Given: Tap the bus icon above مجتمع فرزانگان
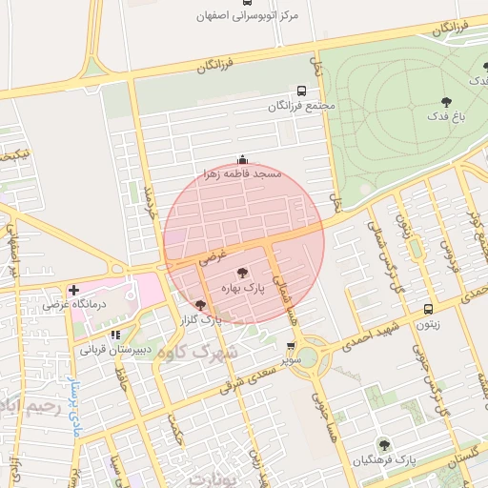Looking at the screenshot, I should (x=302, y=89).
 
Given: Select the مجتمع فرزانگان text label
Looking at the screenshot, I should (x=302, y=104).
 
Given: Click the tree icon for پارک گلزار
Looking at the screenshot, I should (x=199, y=305).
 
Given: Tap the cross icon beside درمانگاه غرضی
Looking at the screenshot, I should (x=73, y=290).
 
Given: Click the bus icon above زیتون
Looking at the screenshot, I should (x=427, y=309).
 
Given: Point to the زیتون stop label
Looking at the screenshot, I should (x=426, y=324).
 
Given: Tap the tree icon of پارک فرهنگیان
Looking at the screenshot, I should (x=383, y=445).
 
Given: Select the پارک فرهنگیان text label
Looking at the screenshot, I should (x=384, y=460).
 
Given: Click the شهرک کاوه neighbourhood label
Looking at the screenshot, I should (x=191, y=353).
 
